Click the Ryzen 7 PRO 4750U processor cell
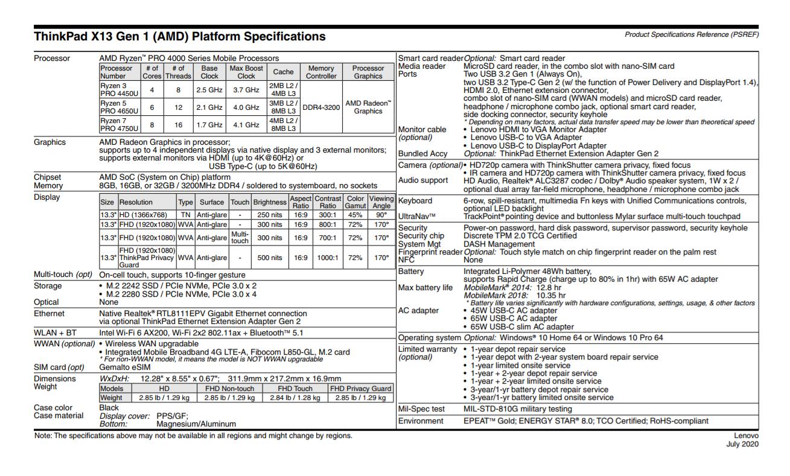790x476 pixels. coord(119,124)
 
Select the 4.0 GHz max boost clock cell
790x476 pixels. coord(246,107)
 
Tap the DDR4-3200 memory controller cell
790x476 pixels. coord(321,107)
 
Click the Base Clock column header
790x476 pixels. coord(209,72)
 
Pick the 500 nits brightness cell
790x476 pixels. coord(270,258)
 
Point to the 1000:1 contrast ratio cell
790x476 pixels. coord(327,258)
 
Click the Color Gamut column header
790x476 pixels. coord(355,202)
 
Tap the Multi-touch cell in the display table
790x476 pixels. coord(240,237)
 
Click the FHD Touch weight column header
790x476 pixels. coord(295,389)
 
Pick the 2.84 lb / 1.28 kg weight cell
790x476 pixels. coord(295,398)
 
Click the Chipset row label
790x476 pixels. coord(48,177)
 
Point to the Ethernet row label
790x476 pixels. coord(49,314)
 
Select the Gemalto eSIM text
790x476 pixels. coord(125,367)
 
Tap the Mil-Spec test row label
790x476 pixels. coord(421,409)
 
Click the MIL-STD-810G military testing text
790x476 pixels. coord(517,409)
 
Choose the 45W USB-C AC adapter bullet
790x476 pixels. coord(514,311)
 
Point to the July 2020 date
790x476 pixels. coord(743,445)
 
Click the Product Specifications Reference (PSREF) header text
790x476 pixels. coord(692,34)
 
